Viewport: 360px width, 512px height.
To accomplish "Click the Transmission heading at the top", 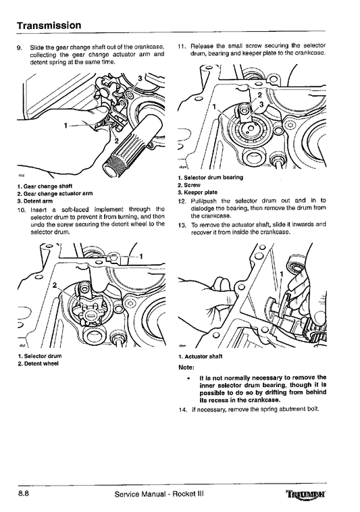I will pos(49,25).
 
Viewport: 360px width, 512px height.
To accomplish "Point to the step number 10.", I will pos(21,209).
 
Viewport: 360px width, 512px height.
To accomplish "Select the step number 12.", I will pos(182,201).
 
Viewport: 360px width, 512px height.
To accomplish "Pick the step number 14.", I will pos(182,409).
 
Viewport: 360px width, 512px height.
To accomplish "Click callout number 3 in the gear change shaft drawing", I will pos(139,79).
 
